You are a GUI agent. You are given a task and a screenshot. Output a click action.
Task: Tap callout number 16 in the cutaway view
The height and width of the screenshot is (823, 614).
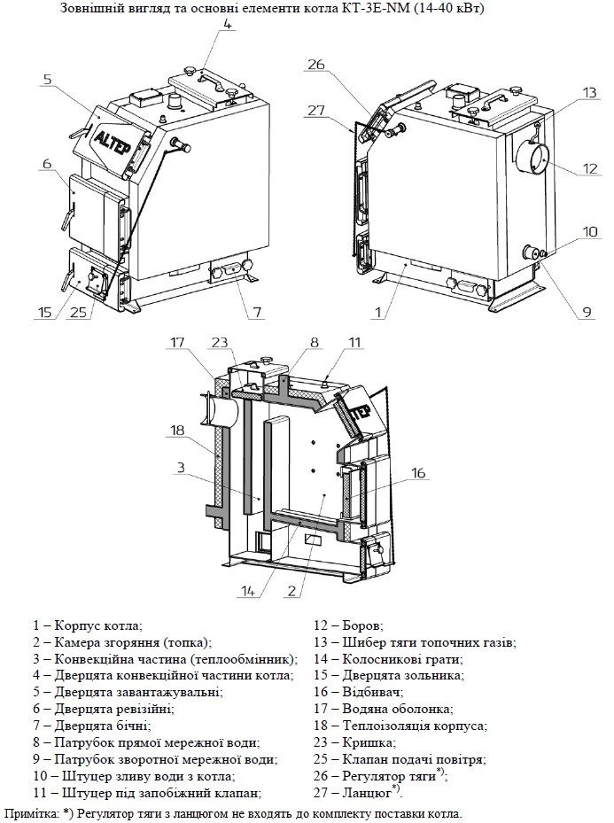418,473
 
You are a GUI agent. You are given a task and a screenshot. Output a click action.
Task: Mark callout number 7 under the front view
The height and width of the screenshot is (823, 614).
256,313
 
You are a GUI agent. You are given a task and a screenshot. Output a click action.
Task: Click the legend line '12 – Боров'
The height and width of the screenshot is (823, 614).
354,625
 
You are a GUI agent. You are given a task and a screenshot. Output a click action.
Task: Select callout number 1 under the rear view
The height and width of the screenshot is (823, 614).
378,312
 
